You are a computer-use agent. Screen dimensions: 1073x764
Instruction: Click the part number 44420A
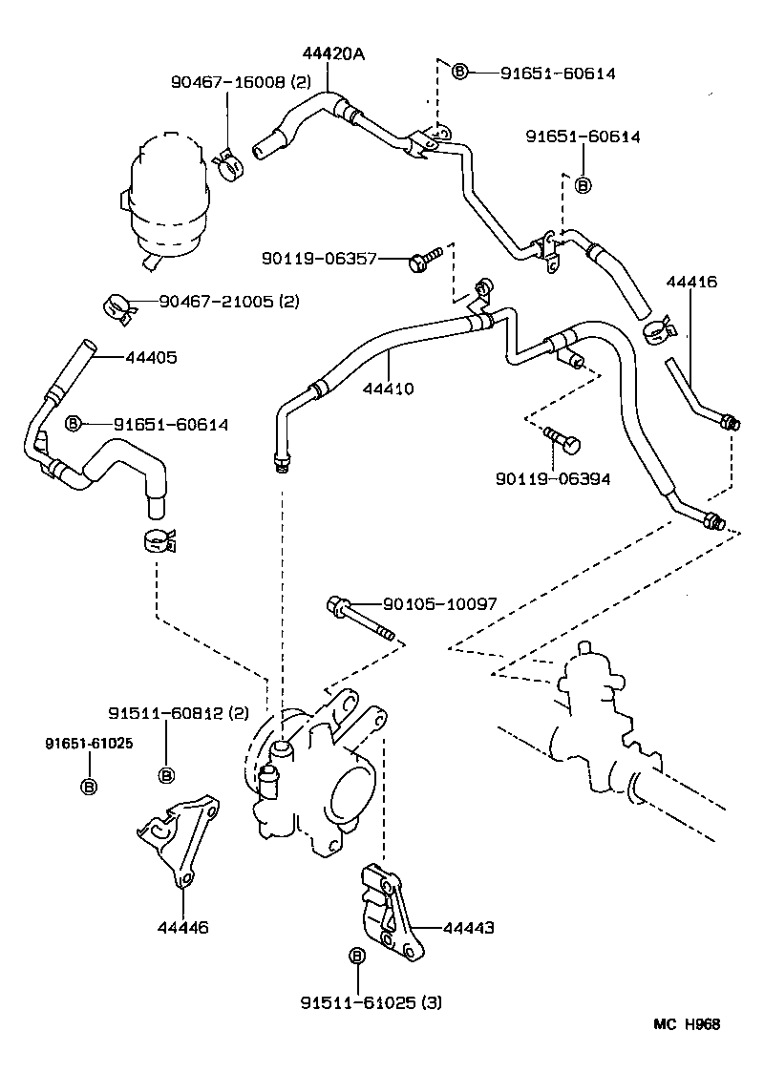[x=333, y=54]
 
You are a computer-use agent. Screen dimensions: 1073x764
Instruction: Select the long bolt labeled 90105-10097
[x=360, y=615]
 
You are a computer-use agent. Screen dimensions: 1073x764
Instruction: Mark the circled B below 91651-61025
[x=87, y=786]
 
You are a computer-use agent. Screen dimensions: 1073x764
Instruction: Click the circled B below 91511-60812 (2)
[x=165, y=774]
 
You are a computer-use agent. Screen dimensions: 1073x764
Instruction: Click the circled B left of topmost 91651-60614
[x=459, y=73]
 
